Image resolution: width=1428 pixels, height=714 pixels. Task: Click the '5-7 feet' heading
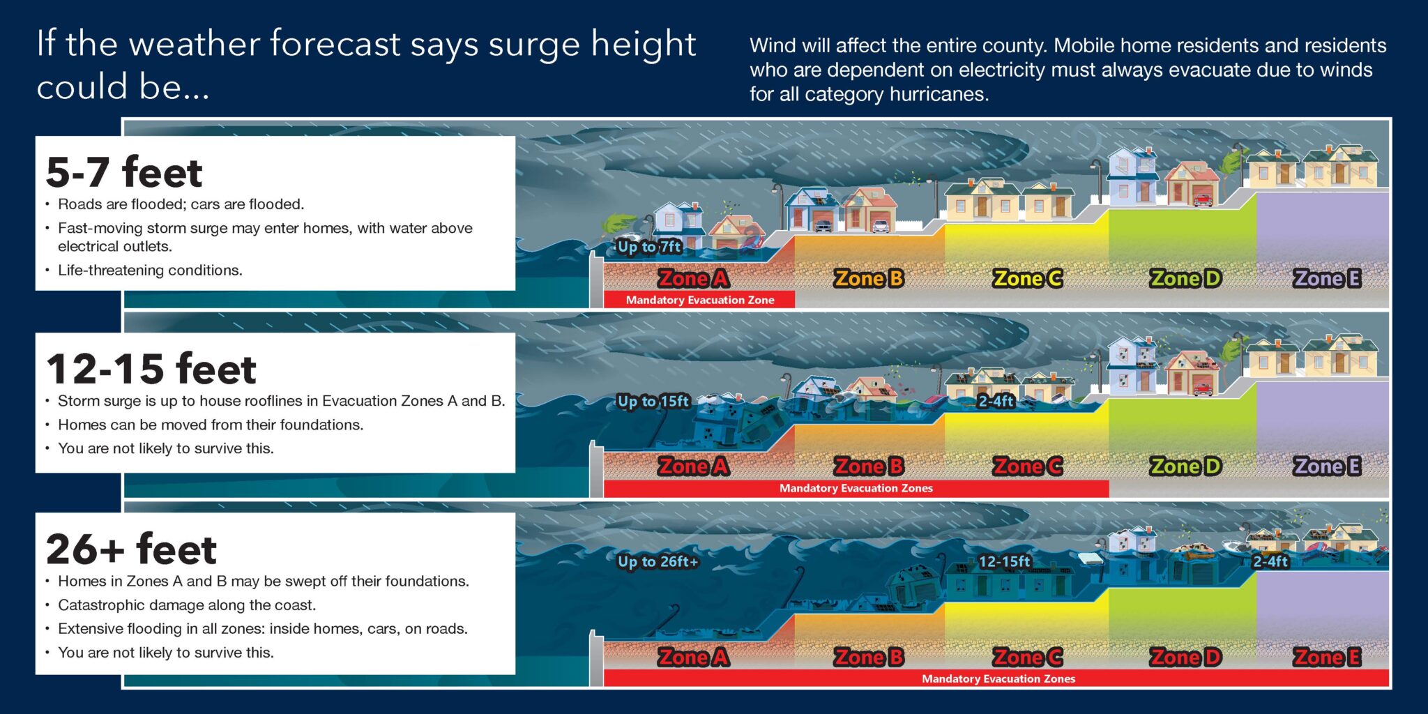pos(124,172)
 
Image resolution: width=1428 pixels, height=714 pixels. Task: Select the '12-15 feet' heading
pos(151,369)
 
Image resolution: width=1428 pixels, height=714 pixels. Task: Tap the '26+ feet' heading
pos(131,549)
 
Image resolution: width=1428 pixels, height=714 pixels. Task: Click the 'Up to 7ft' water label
pos(649,246)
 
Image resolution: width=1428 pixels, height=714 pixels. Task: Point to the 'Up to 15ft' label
pos(653,401)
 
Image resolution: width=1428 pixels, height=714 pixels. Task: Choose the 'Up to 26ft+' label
pos(658,561)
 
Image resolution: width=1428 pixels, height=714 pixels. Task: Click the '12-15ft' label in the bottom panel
pos(1004,561)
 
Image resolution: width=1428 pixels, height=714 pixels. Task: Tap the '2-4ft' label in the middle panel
pos(996,401)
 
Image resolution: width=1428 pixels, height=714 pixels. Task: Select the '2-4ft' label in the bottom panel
pos(1270,561)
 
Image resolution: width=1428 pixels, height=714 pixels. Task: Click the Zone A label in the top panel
pos(693,278)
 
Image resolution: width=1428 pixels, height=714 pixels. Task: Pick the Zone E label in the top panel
pos(1327,278)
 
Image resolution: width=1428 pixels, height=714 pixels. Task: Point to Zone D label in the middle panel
pos(1185,466)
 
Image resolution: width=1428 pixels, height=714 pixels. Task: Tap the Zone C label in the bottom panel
pos(1028,657)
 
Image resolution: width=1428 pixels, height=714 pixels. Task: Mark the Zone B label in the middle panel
pos(869,466)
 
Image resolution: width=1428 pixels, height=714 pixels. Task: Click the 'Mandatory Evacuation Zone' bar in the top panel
pos(699,300)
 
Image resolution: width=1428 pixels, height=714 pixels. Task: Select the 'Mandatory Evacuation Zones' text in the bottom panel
pos(998,678)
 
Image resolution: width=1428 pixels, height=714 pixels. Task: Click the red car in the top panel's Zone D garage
pos(1202,200)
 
